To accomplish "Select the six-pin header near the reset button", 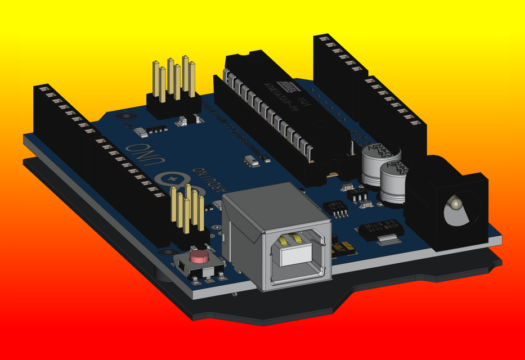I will [x=188, y=214].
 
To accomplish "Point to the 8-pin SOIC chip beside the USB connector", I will [x=340, y=209].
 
